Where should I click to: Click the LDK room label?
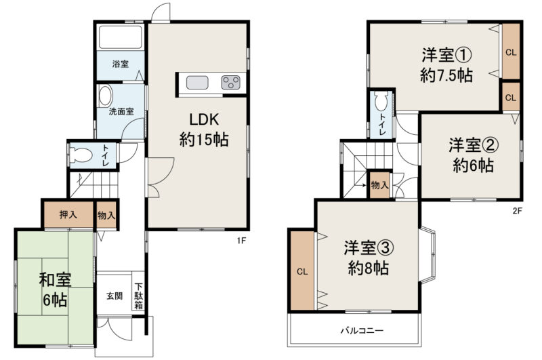click(x=204, y=119)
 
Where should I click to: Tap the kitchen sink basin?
click(x=197, y=83)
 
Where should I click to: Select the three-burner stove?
click(x=230, y=83)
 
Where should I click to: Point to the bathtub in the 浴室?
click(x=121, y=37)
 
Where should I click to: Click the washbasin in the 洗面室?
click(x=105, y=96)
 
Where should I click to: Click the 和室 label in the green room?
click(x=56, y=279)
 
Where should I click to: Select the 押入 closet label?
click(x=68, y=214)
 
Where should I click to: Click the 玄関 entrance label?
click(x=114, y=296)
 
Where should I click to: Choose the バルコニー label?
click(x=362, y=331)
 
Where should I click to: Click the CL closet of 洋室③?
click(x=302, y=271)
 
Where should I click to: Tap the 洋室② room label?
click(x=473, y=145)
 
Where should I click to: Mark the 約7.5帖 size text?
click(x=446, y=75)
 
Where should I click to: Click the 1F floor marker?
click(x=241, y=241)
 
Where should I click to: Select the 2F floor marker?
click(x=517, y=211)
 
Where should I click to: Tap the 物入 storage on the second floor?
click(x=379, y=185)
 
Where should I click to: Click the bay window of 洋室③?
click(x=428, y=254)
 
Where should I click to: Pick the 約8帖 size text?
click(x=368, y=268)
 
